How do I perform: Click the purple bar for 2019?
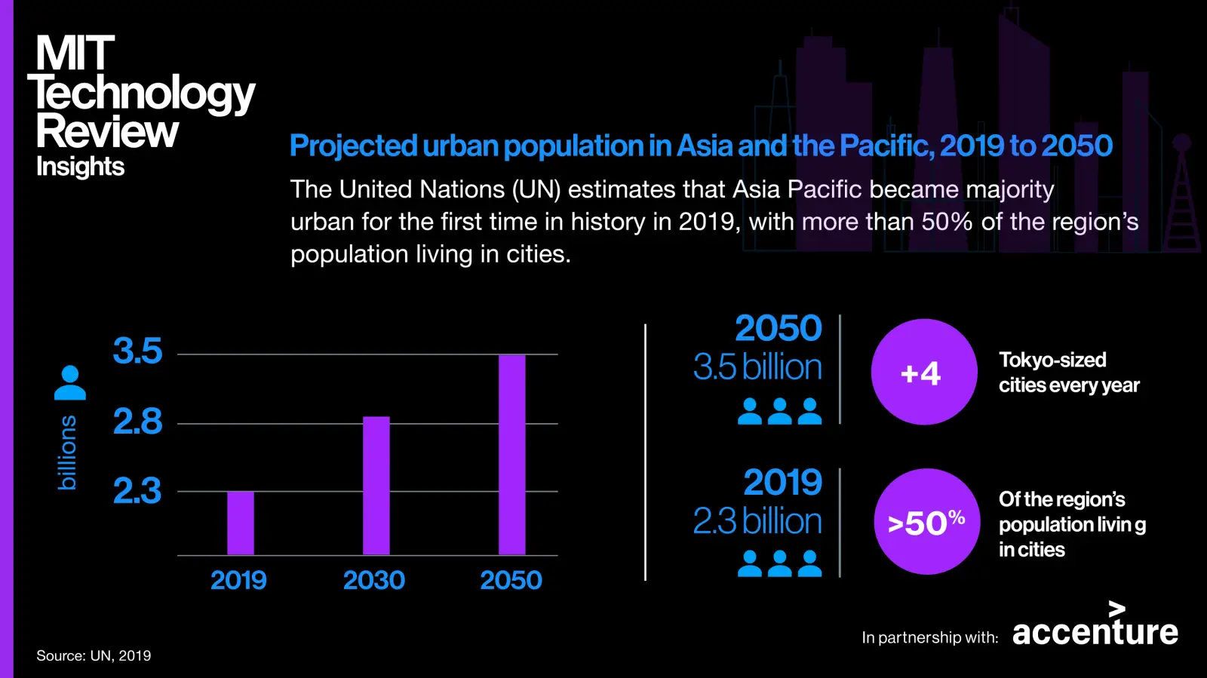241,523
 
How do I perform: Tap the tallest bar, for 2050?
512,454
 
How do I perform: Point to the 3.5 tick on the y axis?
137,351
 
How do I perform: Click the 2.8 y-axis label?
137,422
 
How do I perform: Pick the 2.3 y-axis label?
137,491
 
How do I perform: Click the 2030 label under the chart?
374,580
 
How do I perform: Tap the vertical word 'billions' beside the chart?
67,453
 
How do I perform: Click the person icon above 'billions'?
70,383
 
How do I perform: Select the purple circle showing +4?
923,372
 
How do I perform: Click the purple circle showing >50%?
926,522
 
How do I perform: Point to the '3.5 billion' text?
757,367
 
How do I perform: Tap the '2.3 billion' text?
757,521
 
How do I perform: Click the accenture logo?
1095,627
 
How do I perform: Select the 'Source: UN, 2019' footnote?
94,656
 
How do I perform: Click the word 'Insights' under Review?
80,167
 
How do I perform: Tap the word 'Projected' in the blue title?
353,146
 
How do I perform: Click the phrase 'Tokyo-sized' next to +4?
1052,360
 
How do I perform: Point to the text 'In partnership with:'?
929,638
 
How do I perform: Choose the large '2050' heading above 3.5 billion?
779,328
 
